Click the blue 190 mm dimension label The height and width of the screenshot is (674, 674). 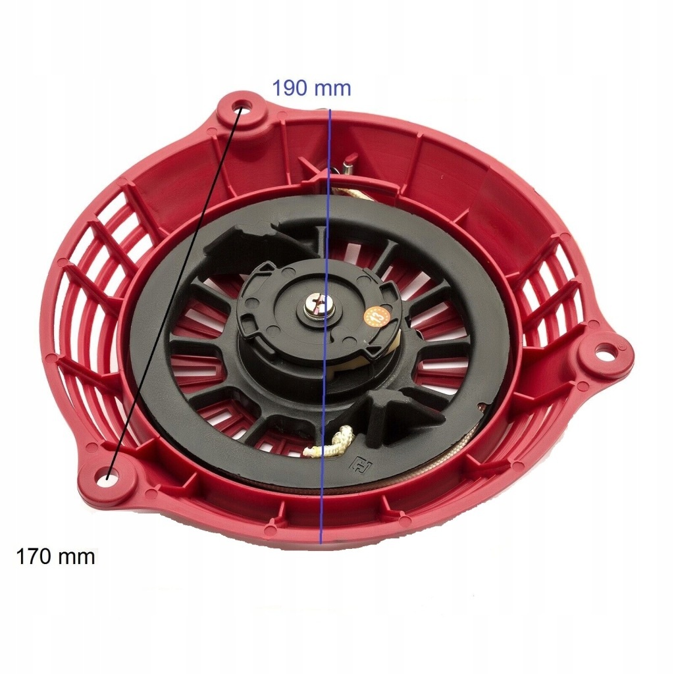point(311,88)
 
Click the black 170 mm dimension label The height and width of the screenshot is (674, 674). point(55,557)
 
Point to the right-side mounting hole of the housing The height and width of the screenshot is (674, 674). point(604,353)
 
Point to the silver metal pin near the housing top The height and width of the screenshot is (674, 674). point(347,165)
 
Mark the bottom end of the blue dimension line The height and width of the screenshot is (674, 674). point(321,543)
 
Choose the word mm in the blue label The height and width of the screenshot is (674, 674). point(333,88)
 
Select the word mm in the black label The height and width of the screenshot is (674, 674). point(76,557)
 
